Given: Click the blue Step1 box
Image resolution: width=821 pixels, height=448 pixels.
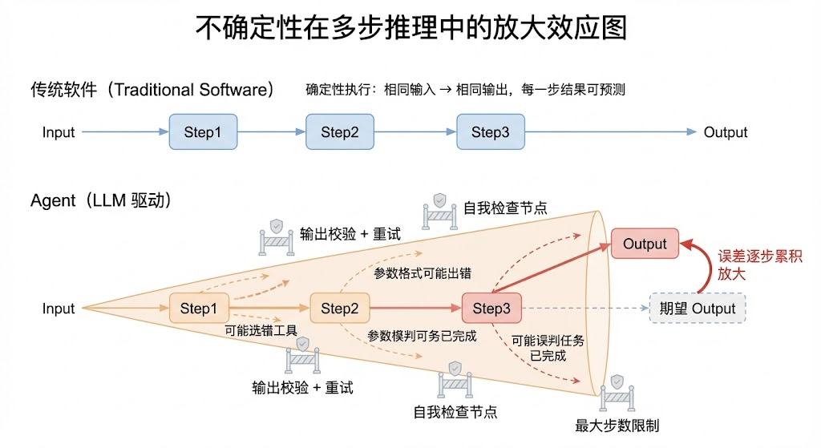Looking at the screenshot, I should pyautogui.click(x=203, y=132).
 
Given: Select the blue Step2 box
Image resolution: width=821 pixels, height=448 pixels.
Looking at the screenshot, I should pyautogui.click(x=340, y=132).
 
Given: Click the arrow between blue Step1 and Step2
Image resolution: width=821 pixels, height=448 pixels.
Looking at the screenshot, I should pyautogui.click(x=272, y=132).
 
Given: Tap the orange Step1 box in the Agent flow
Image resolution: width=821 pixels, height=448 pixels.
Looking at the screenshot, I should pyautogui.click(x=199, y=309).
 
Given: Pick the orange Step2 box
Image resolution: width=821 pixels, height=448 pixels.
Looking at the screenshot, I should pyautogui.click(x=340, y=309).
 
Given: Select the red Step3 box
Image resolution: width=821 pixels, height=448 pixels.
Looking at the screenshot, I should pyautogui.click(x=491, y=309).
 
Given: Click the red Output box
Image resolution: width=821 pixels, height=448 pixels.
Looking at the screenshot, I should pyautogui.click(x=645, y=244).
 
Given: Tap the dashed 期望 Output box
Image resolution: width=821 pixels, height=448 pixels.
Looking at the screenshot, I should pyautogui.click(x=697, y=309).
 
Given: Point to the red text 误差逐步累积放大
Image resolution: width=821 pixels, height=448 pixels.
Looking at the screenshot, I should pyautogui.click(x=760, y=264).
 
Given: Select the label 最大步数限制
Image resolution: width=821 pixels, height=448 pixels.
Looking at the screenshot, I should pyautogui.click(x=617, y=426).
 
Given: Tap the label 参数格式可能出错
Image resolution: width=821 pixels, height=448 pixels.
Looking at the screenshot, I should pyautogui.click(x=423, y=273).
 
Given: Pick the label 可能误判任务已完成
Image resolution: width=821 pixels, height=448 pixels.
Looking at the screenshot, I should pyautogui.click(x=548, y=348).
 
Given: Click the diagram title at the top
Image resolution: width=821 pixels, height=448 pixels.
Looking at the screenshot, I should pyautogui.click(x=410, y=28).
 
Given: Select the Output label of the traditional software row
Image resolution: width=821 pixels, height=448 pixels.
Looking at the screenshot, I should pyautogui.click(x=725, y=132).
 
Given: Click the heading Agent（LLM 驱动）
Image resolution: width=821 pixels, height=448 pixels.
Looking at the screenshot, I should pyautogui.click(x=101, y=200).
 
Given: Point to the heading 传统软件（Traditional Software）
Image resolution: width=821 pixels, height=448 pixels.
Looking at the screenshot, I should pyautogui.click(x=152, y=89).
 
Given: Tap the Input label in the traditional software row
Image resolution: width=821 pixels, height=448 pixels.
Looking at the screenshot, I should pyautogui.click(x=59, y=132).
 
